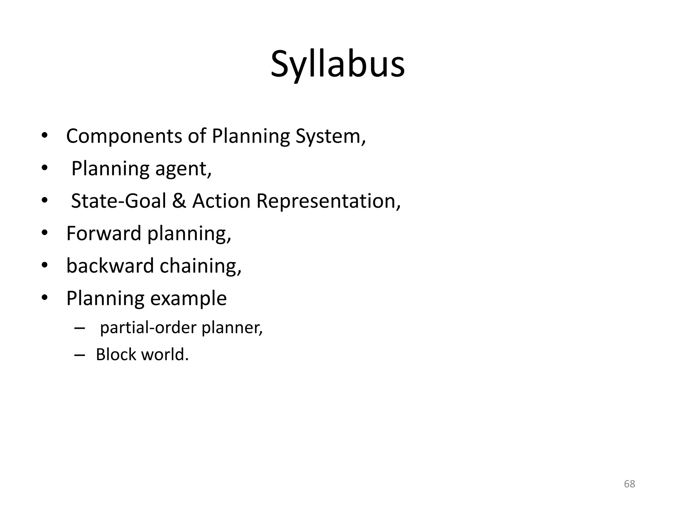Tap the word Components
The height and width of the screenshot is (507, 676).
click(x=124, y=136)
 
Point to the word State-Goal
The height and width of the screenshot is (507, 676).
click(x=118, y=201)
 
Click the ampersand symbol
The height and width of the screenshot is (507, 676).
click(x=179, y=201)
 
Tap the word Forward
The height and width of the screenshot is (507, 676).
click(x=104, y=233)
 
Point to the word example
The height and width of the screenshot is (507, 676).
click(x=188, y=298)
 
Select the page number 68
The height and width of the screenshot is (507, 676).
click(x=629, y=484)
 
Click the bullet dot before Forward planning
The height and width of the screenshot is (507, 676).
click(x=45, y=233)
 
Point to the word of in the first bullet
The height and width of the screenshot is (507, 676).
click(x=197, y=136)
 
